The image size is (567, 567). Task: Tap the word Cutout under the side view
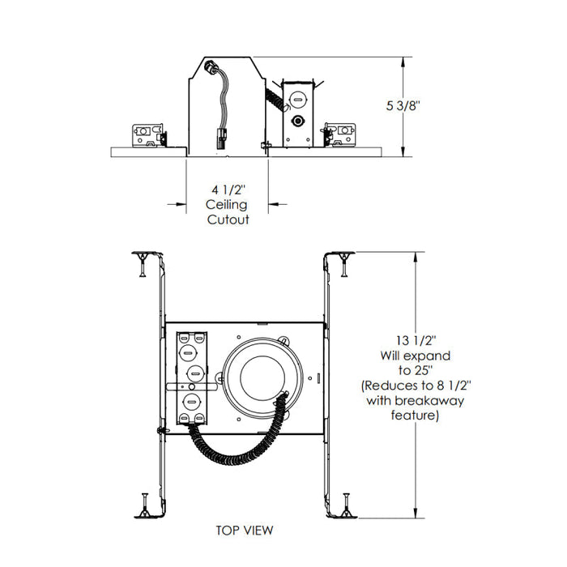click(x=227, y=220)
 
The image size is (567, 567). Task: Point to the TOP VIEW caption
click(x=244, y=531)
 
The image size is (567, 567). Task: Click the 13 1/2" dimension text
click(x=403, y=340)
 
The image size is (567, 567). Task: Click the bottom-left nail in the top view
click(x=142, y=503)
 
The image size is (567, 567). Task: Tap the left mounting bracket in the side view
click(x=148, y=134)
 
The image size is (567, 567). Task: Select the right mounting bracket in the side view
click(x=339, y=134)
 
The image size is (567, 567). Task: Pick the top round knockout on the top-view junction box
click(x=190, y=336)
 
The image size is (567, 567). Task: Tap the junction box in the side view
click(x=297, y=113)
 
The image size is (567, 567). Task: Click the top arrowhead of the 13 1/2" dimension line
click(x=416, y=255)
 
